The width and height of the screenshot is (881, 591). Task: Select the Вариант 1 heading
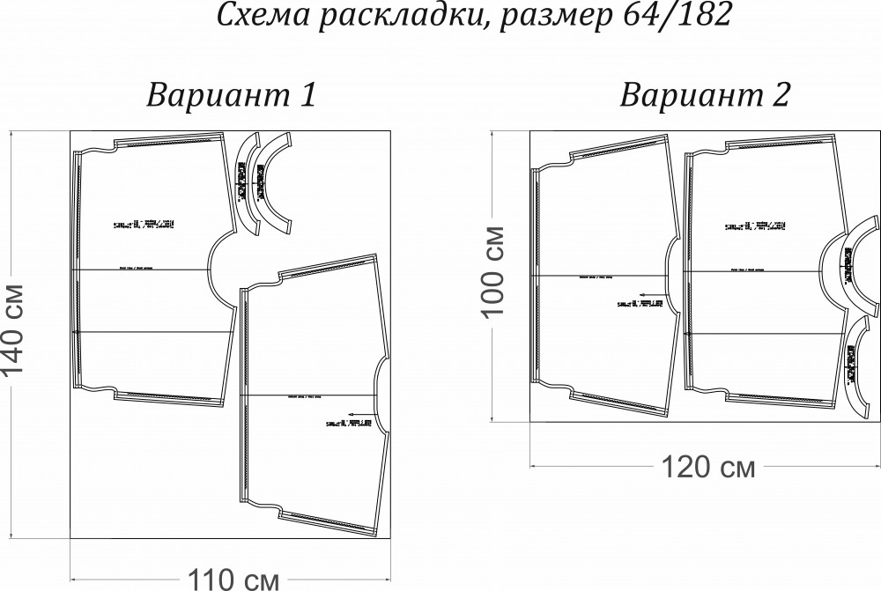[231, 95]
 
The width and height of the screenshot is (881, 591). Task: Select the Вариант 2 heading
[706, 95]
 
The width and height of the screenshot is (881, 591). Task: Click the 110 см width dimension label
[232, 579]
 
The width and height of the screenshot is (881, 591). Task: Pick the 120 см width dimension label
[707, 467]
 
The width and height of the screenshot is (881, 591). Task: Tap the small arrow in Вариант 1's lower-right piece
[356, 413]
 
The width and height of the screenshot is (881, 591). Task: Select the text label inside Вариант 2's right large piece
[755, 226]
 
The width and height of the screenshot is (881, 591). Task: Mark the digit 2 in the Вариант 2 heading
[779, 95]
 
